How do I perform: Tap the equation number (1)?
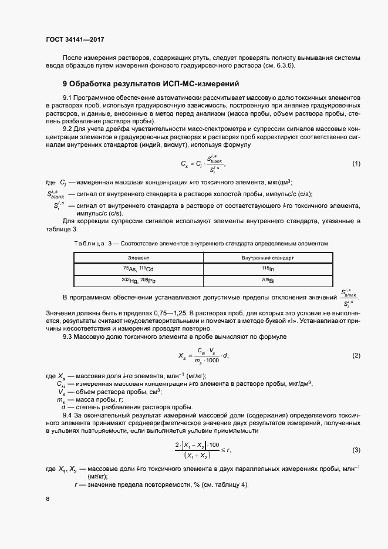coord(356,163)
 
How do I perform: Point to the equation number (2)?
coord(356,356)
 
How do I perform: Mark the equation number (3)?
coord(356,450)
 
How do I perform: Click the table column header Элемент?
coord(139,258)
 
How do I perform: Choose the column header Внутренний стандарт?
coord(268,258)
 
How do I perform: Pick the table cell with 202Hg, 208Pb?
coord(139,281)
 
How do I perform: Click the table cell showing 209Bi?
coord(268,281)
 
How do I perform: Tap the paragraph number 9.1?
coord(70,96)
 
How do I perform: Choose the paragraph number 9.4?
coord(70,416)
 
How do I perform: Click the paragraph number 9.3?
coord(70,337)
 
